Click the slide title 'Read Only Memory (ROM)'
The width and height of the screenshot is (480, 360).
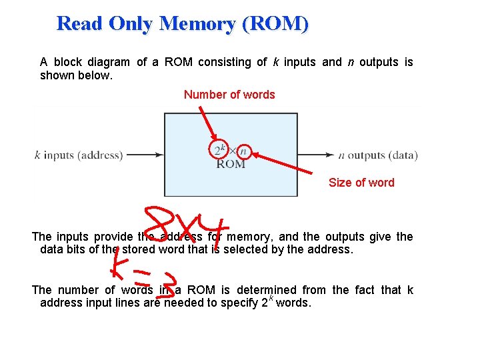pyautogui.click(x=183, y=23)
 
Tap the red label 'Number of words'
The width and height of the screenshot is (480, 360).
pyautogui.click(x=229, y=95)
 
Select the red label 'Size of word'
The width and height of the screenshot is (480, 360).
pyautogui.click(x=361, y=183)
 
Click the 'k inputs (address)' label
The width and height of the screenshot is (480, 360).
pyautogui.click(x=79, y=155)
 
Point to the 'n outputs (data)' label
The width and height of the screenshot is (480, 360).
pyautogui.click(x=378, y=155)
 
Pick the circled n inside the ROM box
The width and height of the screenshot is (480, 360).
pyautogui.click(x=243, y=151)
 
